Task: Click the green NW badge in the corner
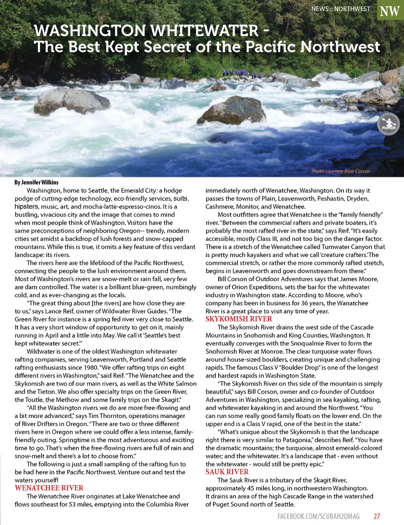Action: (390, 11)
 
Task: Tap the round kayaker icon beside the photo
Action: (388, 124)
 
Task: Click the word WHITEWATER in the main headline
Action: (204, 30)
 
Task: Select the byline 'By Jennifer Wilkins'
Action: (36, 182)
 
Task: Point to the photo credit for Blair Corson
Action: (340, 171)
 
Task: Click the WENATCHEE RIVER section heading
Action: (49, 488)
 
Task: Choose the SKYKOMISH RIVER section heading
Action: (239, 319)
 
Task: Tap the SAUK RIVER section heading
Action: (227, 472)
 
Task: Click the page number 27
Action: (377, 516)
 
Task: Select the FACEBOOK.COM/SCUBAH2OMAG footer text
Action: (318, 516)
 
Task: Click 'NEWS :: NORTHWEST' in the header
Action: (340, 9)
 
